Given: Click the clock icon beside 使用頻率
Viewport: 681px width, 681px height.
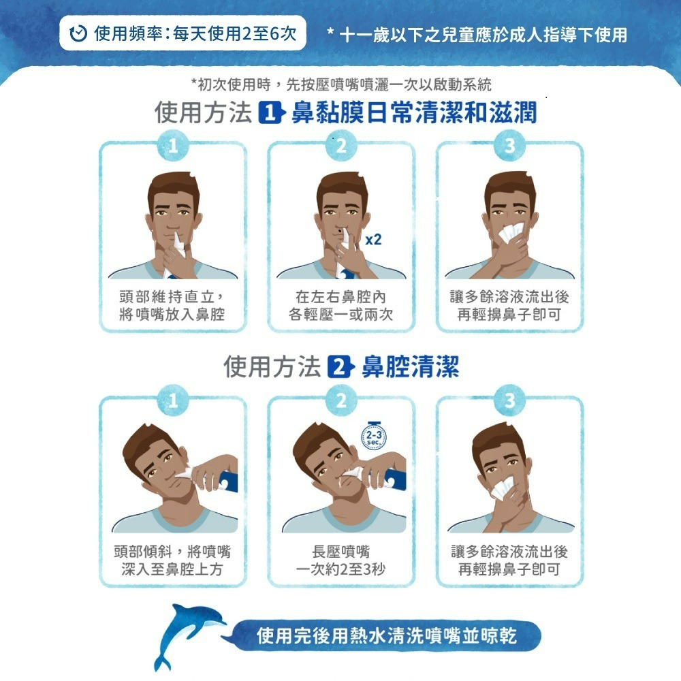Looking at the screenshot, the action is coord(78,33).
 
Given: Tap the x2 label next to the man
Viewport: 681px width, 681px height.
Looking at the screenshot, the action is coord(373,239).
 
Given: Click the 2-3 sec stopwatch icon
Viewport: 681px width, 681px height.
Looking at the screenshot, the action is coord(373,436).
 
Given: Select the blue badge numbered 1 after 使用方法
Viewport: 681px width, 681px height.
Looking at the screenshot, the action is coord(272,112).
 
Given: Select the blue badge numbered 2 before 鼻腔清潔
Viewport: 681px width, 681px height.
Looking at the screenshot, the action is coord(340,367).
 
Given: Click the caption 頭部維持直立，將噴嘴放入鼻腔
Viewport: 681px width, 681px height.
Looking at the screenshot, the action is coord(172,305).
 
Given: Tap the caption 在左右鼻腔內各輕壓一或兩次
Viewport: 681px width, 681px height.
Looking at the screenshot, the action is coord(341,305).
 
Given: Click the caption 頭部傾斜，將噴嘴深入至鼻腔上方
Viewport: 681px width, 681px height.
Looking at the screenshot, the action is coord(172,560).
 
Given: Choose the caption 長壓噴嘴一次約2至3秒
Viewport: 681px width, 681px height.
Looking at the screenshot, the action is coord(341,560).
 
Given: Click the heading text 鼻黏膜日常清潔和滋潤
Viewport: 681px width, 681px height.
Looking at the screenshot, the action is coord(414,112).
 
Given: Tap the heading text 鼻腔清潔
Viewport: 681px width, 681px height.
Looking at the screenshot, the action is coord(411,367).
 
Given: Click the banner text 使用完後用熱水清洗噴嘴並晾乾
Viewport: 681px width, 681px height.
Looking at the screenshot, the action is coord(387,636).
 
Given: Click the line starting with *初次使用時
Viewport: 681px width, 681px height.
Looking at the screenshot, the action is coord(341,84).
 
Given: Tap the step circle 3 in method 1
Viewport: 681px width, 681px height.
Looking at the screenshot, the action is coord(510,146).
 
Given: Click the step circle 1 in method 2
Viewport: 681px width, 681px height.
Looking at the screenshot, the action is coord(173,400).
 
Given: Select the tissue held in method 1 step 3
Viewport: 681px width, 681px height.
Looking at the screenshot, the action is coord(511,232).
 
